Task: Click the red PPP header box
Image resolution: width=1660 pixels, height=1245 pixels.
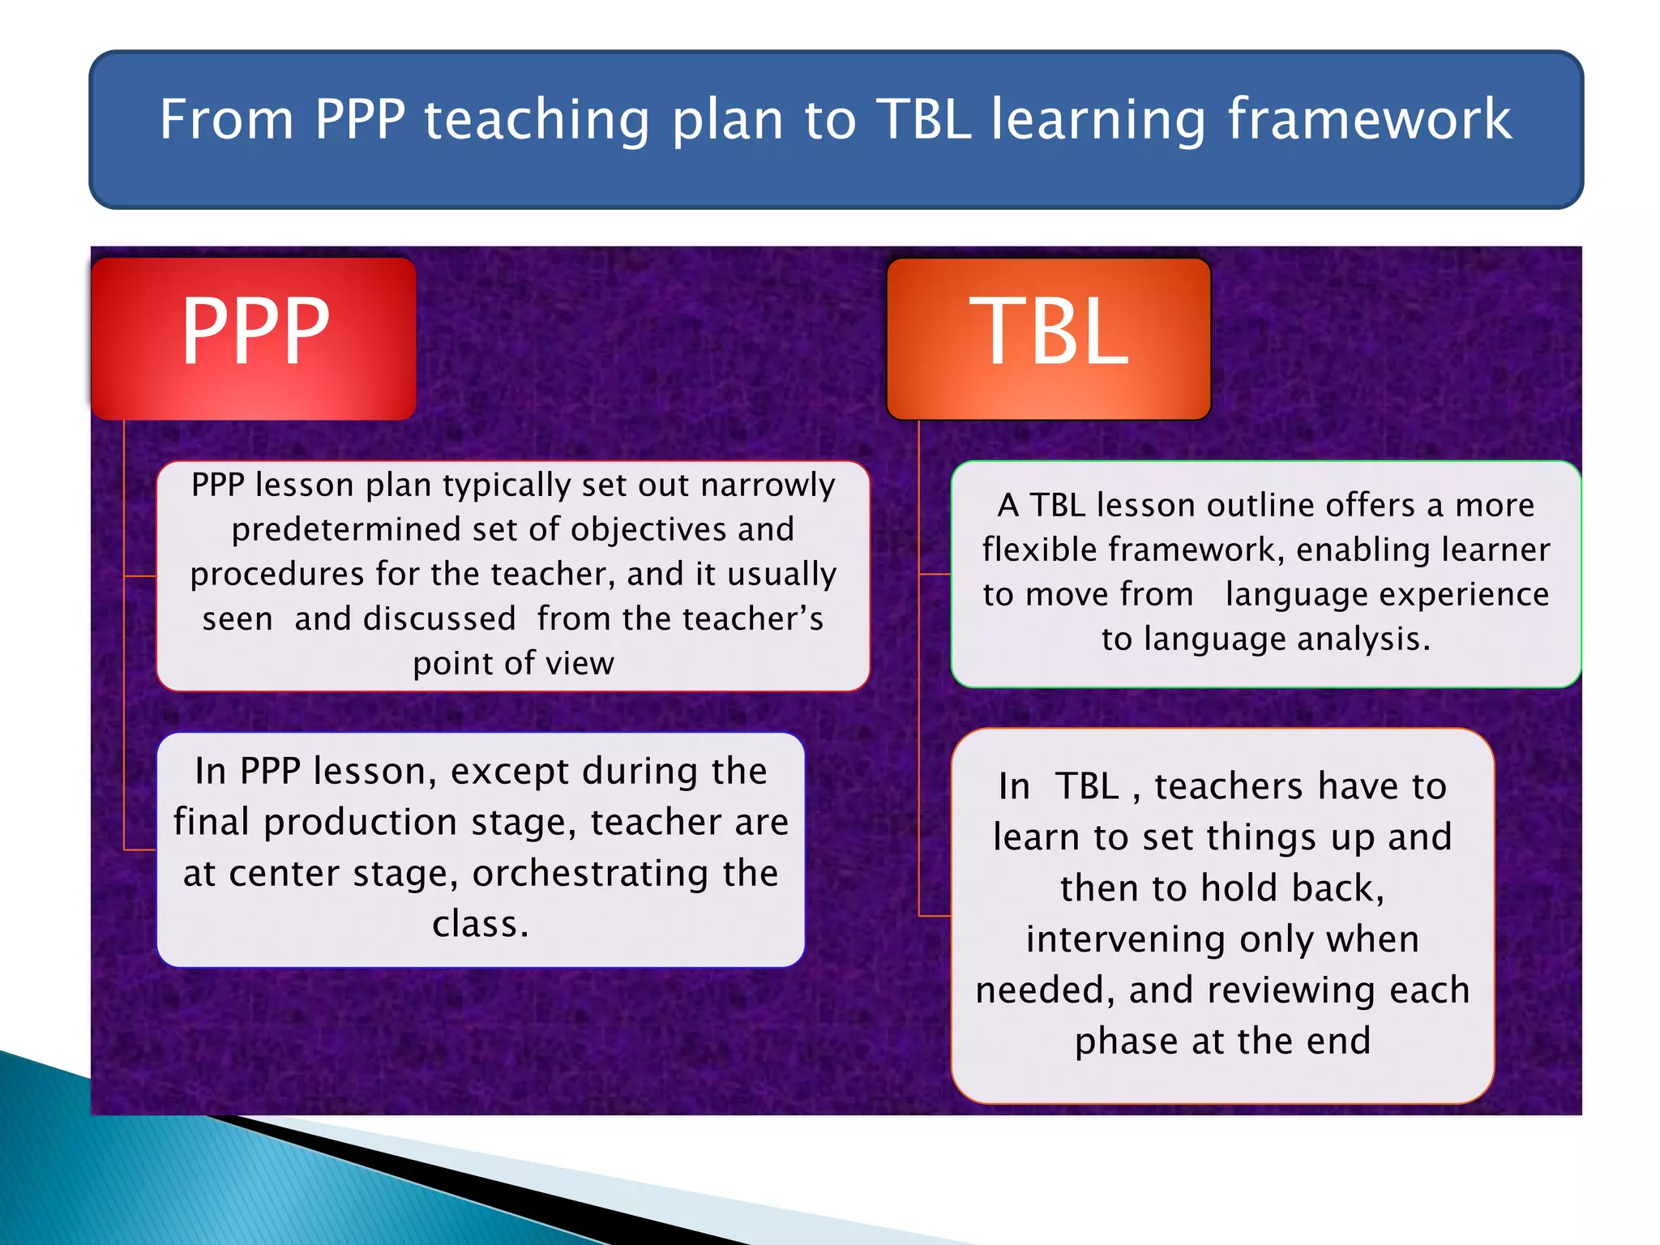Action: (x=254, y=339)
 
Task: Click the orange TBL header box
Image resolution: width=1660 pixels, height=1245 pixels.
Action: (x=1048, y=339)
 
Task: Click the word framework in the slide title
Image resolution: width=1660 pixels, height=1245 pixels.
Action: (x=1369, y=119)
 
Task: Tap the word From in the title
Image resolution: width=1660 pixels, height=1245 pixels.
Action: (x=226, y=119)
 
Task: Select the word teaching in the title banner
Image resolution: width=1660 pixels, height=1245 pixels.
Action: (x=537, y=119)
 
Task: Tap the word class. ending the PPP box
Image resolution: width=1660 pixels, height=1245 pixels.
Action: (x=481, y=924)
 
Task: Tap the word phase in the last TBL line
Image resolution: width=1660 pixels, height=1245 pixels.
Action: (x=1127, y=1042)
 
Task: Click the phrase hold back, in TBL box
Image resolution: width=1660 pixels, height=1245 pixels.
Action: (x=1292, y=888)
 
